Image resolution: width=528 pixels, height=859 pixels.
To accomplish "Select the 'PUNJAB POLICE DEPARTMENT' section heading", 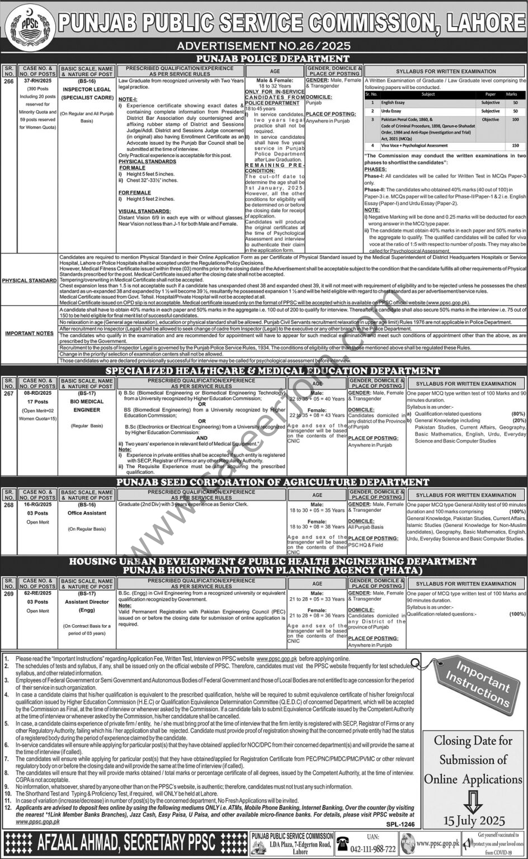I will click(x=272, y=58).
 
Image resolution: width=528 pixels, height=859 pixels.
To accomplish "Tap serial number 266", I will click(x=8, y=81).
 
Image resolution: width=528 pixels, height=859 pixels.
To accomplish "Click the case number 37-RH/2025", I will click(x=37, y=81).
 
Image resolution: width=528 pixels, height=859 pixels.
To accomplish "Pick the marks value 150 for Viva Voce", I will click(x=514, y=145).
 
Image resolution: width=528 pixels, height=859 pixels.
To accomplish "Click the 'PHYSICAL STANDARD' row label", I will click(x=29, y=280).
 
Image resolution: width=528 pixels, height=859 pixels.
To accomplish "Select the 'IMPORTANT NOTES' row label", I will click(x=29, y=333).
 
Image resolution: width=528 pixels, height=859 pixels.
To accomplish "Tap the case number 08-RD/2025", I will click(x=37, y=393).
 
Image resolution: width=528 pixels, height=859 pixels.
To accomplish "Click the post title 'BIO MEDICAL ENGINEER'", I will click(x=87, y=405).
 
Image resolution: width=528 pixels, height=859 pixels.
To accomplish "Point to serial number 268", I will click(x=8, y=504).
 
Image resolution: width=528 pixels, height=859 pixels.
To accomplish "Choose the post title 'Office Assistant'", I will click(x=87, y=513).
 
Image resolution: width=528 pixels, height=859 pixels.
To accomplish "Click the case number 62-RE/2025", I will click(x=37, y=593).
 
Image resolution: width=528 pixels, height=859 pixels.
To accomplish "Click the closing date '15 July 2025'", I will click(x=473, y=821).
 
